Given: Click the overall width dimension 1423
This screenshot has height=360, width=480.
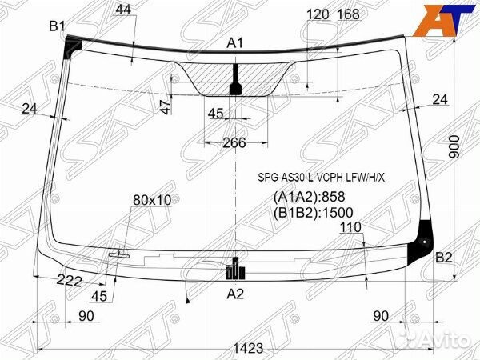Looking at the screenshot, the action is click(248, 348).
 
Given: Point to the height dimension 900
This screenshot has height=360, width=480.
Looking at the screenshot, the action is click(454, 146).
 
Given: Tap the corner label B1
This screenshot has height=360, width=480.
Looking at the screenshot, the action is click(58, 26).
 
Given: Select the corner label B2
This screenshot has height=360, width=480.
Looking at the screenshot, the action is click(444, 258).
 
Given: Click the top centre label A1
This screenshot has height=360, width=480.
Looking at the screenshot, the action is click(234, 43).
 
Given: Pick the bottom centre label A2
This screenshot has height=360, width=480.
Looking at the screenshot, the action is click(235, 294).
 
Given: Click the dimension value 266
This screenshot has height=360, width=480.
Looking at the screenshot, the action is click(234, 142).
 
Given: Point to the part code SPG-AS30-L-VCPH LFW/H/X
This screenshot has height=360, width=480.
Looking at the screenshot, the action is click(321, 178).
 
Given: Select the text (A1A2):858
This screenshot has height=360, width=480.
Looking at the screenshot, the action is click(309, 197).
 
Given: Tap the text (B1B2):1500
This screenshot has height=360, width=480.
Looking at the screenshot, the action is click(313, 213).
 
